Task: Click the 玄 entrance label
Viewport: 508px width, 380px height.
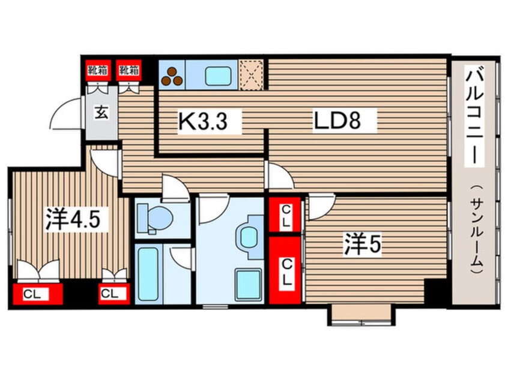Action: [103, 113]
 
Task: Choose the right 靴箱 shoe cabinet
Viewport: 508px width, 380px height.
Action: [129, 70]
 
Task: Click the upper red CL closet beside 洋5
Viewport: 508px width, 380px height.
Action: [286, 215]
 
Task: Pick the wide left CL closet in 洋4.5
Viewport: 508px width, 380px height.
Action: [37, 294]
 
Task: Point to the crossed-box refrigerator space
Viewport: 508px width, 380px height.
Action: [252, 75]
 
